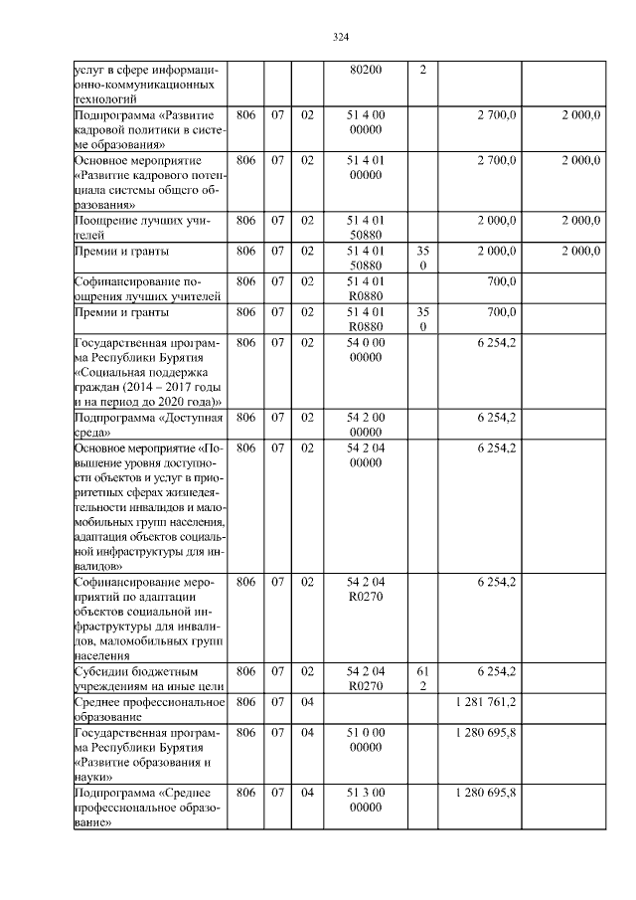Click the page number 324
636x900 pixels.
click(340, 38)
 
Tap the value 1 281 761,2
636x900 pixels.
click(482, 702)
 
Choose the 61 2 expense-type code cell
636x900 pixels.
click(423, 679)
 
